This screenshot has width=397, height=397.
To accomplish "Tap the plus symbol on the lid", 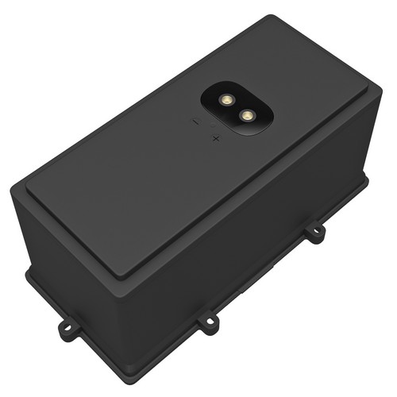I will point(216,138).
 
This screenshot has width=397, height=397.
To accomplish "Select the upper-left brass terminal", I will point(225,101).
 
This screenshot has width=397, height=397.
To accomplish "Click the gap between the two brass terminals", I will point(236,108).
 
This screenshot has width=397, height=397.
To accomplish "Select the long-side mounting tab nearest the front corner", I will point(208,322).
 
